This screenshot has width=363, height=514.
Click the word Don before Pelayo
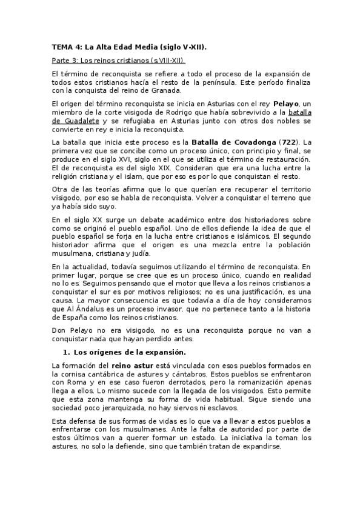59,330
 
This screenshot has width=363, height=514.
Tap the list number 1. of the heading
67,352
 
